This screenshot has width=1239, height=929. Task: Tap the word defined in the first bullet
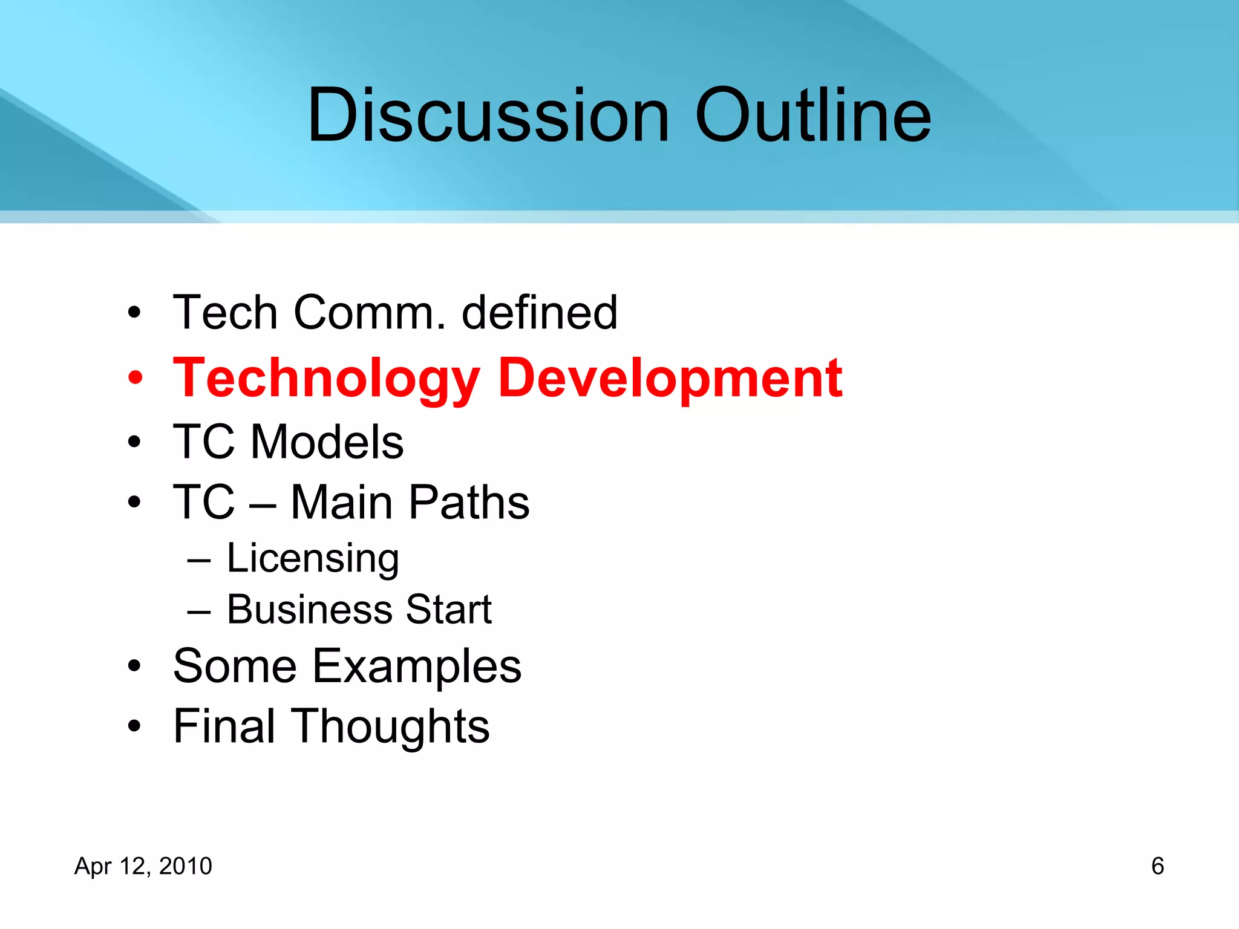click(x=539, y=313)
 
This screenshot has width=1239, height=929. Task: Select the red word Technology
click(x=326, y=379)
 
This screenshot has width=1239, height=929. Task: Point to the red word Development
click(x=670, y=379)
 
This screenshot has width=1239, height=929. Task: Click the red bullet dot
click(x=135, y=379)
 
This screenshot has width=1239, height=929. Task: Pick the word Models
click(x=327, y=442)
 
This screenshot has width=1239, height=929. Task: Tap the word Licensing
click(x=313, y=558)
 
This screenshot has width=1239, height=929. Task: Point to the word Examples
click(x=416, y=667)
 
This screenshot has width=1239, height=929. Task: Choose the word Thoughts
click(x=391, y=726)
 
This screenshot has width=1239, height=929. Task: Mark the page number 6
click(x=1157, y=866)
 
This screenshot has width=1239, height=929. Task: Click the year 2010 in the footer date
click(x=185, y=866)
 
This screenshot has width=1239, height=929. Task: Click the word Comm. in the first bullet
click(x=370, y=313)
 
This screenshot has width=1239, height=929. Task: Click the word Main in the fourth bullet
click(x=342, y=503)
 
